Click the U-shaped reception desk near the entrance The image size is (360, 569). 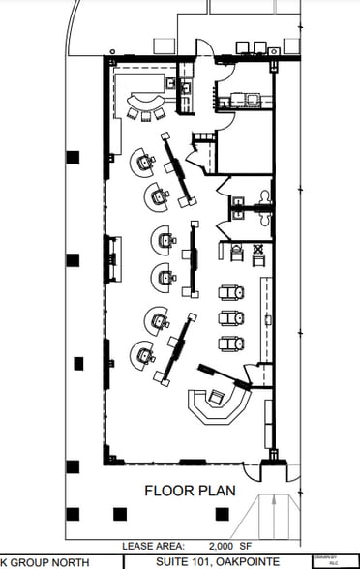219,404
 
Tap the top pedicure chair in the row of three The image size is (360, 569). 230,291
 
